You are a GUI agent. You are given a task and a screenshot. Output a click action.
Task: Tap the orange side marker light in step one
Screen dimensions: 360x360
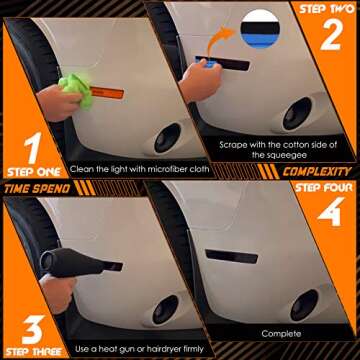pyautogui.click(x=107, y=93)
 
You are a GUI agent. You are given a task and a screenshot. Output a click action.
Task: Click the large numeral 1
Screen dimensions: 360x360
pyautogui.click(x=34, y=149)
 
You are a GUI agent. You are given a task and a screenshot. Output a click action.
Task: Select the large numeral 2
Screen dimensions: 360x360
pyautogui.click(x=332, y=33)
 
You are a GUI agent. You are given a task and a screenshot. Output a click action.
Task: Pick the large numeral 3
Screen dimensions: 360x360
pyautogui.click(x=33, y=330)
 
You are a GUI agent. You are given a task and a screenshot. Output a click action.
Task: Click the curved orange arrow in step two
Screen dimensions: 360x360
pyautogui.click(x=219, y=40)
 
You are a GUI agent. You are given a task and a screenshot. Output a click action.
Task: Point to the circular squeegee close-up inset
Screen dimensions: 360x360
pyautogui.click(x=260, y=29)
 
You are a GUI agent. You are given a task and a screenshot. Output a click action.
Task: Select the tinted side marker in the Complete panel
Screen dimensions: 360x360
pyautogui.click(x=232, y=256)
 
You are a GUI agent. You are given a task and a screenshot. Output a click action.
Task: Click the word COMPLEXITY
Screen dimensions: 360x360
pyautogui.click(x=317, y=172)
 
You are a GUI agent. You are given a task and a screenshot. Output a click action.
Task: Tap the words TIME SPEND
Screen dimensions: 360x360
pyautogui.click(x=37, y=189)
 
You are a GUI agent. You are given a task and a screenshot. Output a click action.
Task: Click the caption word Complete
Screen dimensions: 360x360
pyautogui.click(x=281, y=333)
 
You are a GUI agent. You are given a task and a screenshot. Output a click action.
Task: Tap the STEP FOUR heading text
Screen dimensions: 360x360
pyautogui.click(x=323, y=188)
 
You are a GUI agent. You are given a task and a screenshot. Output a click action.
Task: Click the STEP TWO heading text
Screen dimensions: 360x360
pyautogui.click(x=327, y=9)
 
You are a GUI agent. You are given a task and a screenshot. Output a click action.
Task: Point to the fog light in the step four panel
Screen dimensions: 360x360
pyautogui.click(x=304, y=305)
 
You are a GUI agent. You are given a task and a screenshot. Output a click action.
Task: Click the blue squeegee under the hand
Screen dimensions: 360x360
pyautogui.click(x=207, y=62)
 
